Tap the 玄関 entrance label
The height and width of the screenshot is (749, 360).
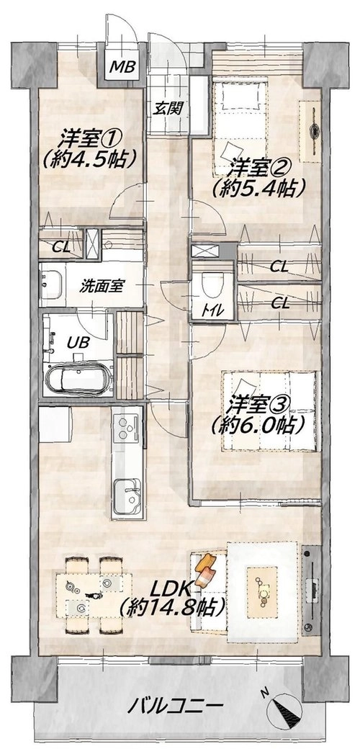pos(168,109)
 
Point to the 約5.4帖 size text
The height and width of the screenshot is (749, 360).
pos(259,189)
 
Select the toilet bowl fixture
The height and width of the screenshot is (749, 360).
pos(212,285)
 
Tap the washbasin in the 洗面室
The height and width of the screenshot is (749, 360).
pos(53,285)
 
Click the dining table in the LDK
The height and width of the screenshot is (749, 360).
pos(94,595)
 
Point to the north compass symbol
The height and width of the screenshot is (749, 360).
pos(284,707)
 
